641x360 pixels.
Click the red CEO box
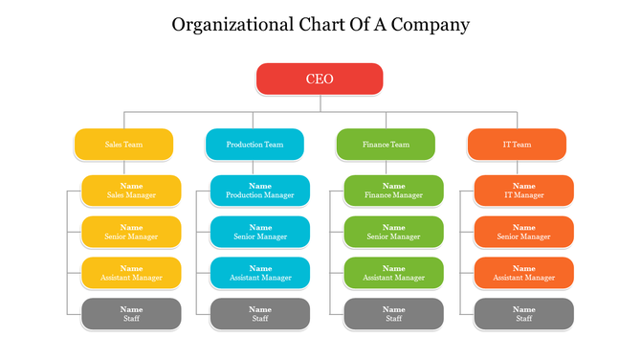click(x=320, y=79)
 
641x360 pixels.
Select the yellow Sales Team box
click(x=124, y=145)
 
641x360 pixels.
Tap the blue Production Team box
click(x=254, y=145)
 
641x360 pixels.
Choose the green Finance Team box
click(x=386, y=145)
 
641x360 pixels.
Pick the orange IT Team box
click(x=517, y=145)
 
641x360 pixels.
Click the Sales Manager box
click(x=131, y=191)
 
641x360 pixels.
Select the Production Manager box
click(x=260, y=191)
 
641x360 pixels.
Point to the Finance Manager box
click(x=393, y=191)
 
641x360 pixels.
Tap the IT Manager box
click(x=523, y=191)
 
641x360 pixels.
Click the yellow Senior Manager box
click(x=131, y=232)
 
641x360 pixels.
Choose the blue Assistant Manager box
click(x=260, y=273)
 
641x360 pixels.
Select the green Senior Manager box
click(x=393, y=232)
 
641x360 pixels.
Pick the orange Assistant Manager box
click(x=523, y=273)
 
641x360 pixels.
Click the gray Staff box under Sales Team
click(x=131, y=314)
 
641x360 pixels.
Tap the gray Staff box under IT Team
click(x=523, y=314)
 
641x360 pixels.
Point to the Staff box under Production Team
click(x=260, y=314)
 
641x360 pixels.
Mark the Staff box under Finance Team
click(x=393, y=314)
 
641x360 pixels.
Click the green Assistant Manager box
click(x=393, y=273)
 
